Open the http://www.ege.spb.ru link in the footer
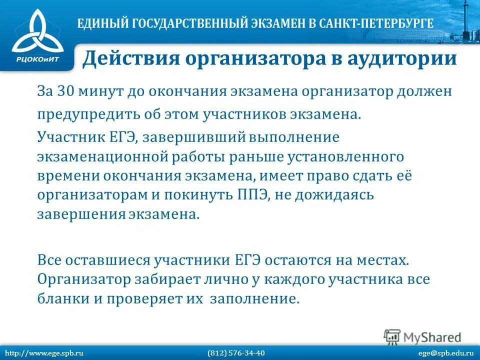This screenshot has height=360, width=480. click(43, 353)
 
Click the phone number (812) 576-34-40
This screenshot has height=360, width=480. click(236, 353)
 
